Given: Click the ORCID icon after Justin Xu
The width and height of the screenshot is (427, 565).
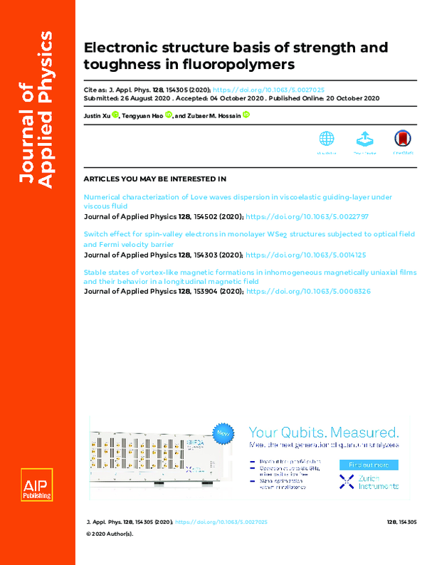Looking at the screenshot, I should pos(117,115).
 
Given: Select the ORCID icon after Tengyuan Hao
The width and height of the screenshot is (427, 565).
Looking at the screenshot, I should pos(168,115).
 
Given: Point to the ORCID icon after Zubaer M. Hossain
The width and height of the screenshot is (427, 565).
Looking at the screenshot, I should pos(246,115).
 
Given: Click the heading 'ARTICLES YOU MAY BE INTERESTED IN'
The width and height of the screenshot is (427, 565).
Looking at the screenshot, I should pos(154,179).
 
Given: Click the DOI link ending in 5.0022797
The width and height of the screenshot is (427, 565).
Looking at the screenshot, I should pos(307,216).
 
